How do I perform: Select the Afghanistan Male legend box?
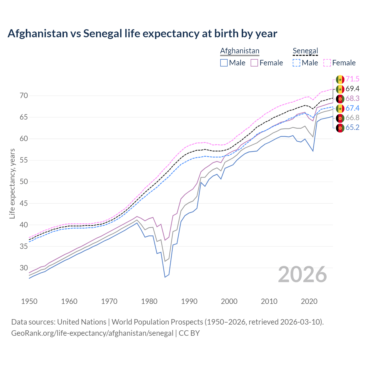(224, 63)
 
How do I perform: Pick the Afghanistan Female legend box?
(254, 63)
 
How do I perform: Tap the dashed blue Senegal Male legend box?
(296, 63)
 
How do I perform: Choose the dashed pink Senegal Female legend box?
(327, 63)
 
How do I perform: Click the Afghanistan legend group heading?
(240, 51)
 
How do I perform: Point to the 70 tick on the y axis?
(24, 96)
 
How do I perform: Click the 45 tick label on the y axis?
(24, 203)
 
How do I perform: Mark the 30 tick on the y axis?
(24, 268)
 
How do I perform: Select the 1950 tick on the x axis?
(29, 301)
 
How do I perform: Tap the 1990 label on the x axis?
(189, 301)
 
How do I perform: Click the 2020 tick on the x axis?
(309, 301)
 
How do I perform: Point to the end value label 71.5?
(352, 79)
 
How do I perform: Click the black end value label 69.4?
(352, 89)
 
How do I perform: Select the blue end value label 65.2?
(352, 128)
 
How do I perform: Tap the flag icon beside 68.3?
(340, 99)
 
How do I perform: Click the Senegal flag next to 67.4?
(340, 108)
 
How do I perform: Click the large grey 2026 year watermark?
(302, 274)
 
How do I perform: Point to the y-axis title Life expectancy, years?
(12, 183)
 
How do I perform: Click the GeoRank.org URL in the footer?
(92, 333)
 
